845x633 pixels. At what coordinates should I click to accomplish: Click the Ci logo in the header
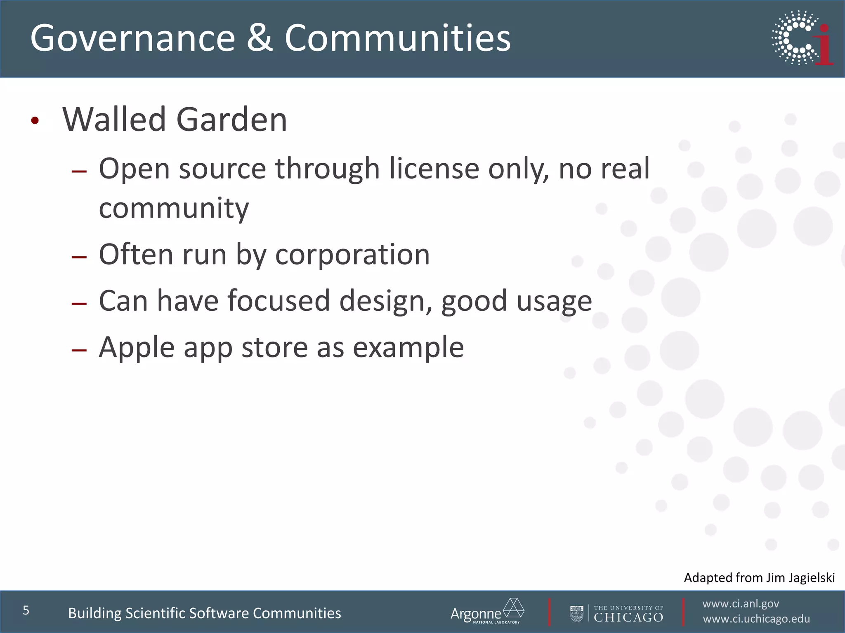pyautogui.click(x=803, y=38)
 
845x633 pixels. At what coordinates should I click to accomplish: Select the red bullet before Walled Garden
pyautogui.click(x=35, y=121)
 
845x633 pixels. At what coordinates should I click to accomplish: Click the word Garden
pyautogui.click(x=231, y=120)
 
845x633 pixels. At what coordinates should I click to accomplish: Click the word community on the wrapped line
pyautogui.click(x=174, y=208)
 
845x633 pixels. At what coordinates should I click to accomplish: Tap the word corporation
pyautogui.click(x=352, y=254)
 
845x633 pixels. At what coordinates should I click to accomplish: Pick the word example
pyautogui.click(x=408, y=347)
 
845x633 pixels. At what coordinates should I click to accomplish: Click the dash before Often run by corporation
pyautogui.click(x=79, y=257)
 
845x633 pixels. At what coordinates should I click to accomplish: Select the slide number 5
pyautogui.click(x=26, y=610)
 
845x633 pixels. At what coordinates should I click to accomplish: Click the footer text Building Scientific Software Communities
pyautogui.click(x=204, y=613)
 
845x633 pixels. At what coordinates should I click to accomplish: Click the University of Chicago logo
pyautogui.click(x=617, y=613)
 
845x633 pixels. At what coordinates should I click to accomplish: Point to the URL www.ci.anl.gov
pyautogui.click(x=741, y=604)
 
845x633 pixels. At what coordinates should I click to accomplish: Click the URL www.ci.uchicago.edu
pyautogui.click(x=756, y=619)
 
